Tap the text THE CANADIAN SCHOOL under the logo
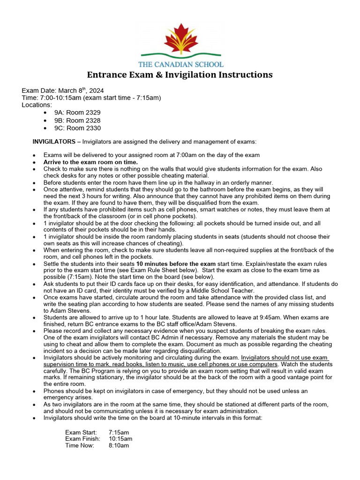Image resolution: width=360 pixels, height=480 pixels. pyautogui.click(x=180, y=64)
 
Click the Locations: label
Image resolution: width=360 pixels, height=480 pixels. pyautogui.click(x=37, y=105)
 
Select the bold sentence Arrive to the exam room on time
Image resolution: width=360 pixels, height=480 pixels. pyautogui.click(x=90, y=162)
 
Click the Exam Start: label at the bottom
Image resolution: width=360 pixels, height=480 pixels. pyautogui.click(x=81, y=432)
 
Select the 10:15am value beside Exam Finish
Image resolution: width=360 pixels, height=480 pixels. pyautogui.click(x=120, y=439)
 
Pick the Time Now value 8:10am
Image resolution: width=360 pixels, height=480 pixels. pyautogui.click(x=119, y=445)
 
